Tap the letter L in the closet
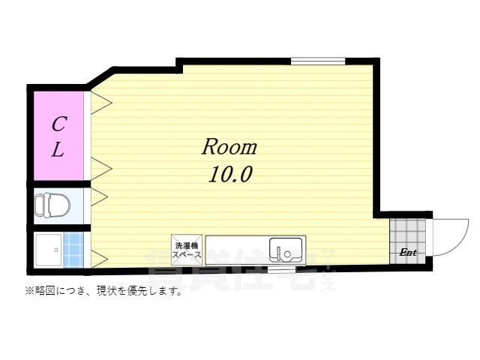[x=58, y=149]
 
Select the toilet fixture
[x=52, y=203]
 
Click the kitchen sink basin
[x=286, y=247]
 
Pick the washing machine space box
[x=187, y=250]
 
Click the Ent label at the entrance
[x=408, y=253]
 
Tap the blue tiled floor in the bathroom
[x=73, y=250]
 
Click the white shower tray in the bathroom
[x=48, y=250]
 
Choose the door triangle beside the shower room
[x=100, y=259]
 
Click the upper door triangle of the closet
[x=100, y=103]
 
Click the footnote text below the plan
[x=104, y=291]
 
